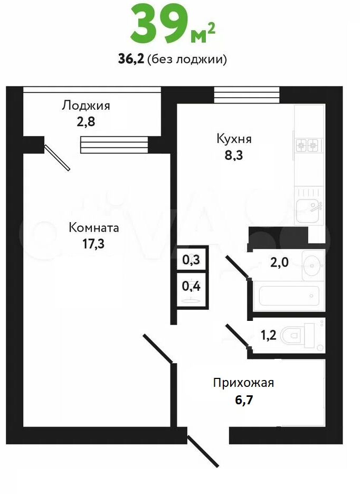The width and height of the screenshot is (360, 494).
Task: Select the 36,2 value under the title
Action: (x=131, y=59)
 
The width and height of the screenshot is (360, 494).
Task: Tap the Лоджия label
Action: (x=86, y=105)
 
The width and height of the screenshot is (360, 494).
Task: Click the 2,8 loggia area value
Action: (x=86, y=121)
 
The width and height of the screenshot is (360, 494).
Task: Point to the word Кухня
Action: (x=234, y=139)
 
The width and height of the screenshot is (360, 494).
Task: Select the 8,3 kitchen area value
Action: (x=234, y=155)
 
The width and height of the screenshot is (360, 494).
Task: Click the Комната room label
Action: (x=93, y=227)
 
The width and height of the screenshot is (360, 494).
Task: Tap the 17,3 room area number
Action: (x=93, y=243)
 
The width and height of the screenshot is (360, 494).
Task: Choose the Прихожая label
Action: (x=243, y=383)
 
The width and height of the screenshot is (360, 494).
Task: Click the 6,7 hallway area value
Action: (x=244, y=400)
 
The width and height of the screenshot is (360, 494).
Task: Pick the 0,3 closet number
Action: (x=191, y=260)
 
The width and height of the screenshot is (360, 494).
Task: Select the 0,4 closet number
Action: (x=191, y=287)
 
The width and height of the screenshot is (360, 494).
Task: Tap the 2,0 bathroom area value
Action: (x=279, y=262)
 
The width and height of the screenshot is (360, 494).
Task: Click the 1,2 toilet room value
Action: (x=269, y=335)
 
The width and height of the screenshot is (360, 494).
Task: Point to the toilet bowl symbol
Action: (x=297, y=335)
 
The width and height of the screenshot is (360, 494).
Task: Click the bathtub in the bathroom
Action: (x=289, y=296)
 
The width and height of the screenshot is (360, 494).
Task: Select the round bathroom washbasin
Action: (x=313, y=264)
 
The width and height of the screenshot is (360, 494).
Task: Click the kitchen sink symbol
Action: (x=310, y=207)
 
